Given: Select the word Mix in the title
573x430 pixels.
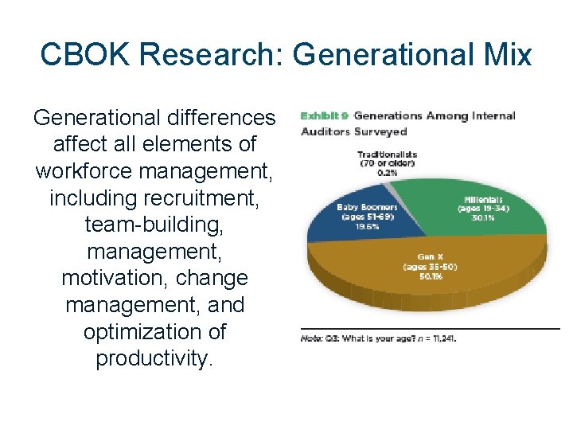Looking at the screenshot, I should [505, 54].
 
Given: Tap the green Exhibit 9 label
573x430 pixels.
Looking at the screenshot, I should [324, 116].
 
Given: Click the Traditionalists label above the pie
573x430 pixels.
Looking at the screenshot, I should [388, 154].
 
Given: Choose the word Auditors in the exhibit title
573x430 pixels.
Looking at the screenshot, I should [327, 131].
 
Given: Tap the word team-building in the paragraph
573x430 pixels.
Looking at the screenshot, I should [155, 225].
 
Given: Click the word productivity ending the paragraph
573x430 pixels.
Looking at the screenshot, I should [153, 359].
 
